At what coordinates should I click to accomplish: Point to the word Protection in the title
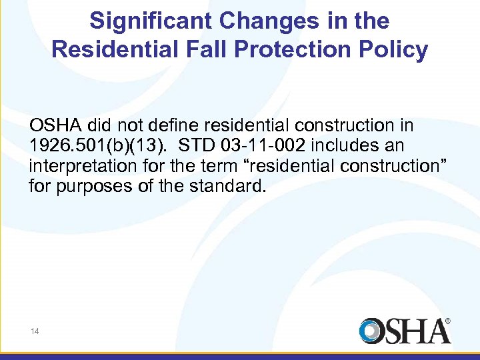click(286, 50)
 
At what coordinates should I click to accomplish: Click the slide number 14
click(35, 330)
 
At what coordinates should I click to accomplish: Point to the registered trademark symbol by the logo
click(447, 321)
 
